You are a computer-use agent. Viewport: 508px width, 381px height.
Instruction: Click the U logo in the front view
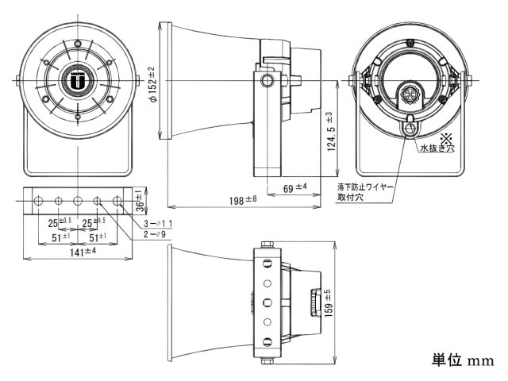pyautogui.click(x=77, y=80)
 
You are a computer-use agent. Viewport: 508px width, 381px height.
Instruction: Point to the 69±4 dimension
pyautogui.click(x=295, y=189)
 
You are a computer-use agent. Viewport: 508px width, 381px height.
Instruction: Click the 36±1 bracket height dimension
pyautogui.click(x=138, y=198)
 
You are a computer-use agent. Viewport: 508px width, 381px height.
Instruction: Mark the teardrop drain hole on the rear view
pyautogui.click(x=410, y=125)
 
